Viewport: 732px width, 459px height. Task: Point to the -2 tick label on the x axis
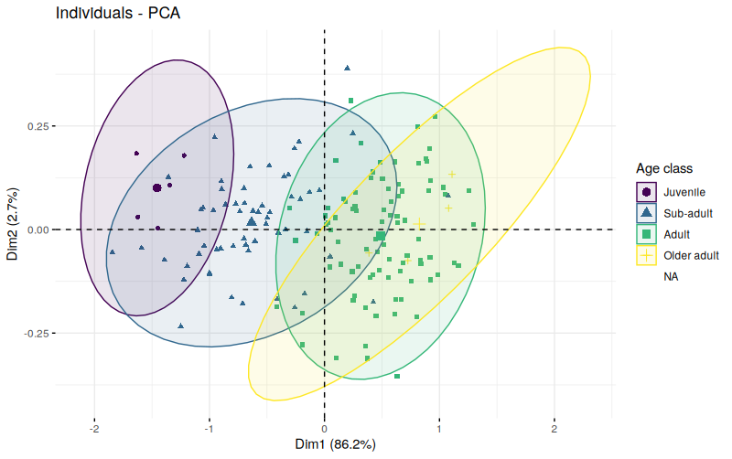pos(93,428)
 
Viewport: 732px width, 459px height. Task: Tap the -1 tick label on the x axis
pos(209,428)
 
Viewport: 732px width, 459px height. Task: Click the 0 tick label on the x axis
pos(325,428)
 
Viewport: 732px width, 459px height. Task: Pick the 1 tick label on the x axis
pos(440,428)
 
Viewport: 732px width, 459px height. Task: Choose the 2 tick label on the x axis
pos(554,428)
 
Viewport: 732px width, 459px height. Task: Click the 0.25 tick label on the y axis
pos(37,126)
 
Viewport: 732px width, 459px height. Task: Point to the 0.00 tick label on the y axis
pos(37,229)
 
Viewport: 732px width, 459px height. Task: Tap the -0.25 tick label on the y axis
pos(35,334)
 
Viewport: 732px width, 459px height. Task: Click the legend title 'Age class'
pos(664,169)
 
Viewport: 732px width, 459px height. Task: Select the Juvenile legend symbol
pos(647,192)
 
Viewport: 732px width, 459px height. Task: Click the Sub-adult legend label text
pos(688,213)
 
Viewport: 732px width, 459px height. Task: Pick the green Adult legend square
pos(647,234)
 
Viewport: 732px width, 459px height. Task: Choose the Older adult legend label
pos(692,255)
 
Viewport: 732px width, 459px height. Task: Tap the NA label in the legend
pos(672,276)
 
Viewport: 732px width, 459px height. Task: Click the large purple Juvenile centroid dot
pos(157,188)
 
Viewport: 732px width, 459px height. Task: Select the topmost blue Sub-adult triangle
pos(347,68)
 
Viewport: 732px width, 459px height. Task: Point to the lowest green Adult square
pos(397,376)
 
